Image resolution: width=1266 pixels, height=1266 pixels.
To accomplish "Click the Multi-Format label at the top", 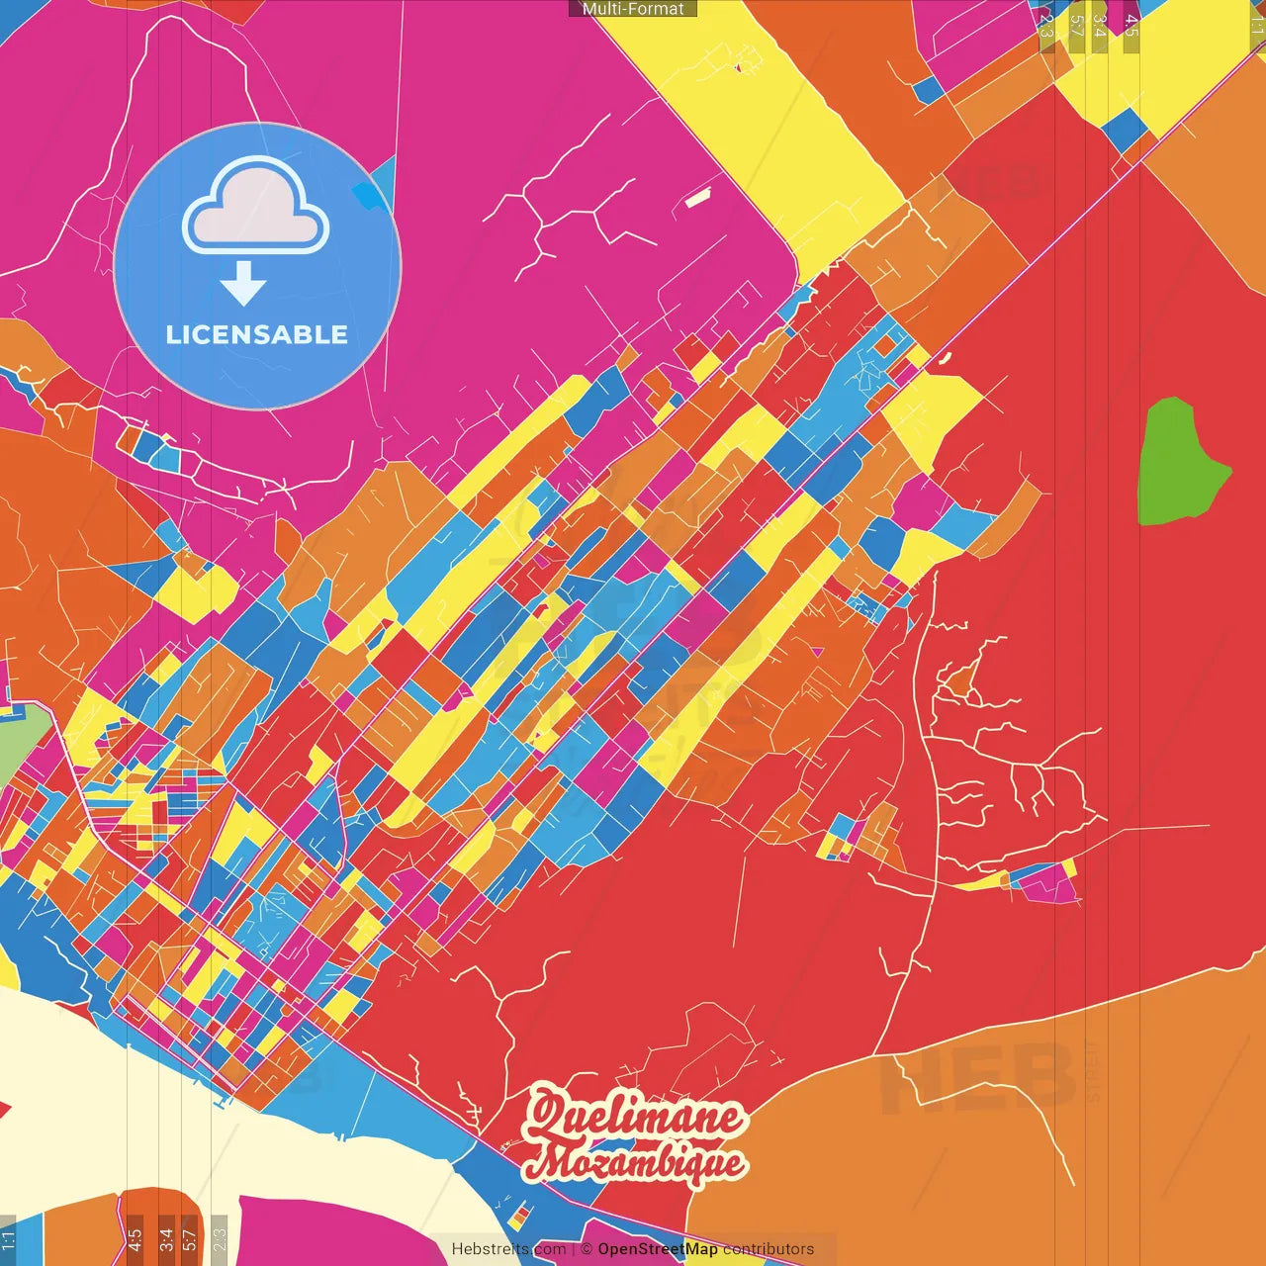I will (x=633, y=9).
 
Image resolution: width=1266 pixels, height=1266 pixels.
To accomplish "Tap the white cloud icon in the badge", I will (x=256, y=209).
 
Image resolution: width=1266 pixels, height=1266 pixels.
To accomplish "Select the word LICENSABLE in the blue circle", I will (x=257, y=335).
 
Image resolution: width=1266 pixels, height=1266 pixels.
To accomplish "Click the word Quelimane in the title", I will (x=634, y=1116).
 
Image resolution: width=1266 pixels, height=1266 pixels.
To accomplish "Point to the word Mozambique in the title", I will (x=634, y=1163).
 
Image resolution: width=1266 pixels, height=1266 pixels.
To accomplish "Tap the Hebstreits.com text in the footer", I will (x=508, y=1249).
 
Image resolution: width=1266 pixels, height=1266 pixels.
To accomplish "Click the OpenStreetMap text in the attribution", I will (x=658, y=1249).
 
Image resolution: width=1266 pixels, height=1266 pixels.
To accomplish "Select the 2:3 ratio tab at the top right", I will (x=1046, y=26).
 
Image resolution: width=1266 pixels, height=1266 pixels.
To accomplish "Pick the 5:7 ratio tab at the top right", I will (x=1076, y=26).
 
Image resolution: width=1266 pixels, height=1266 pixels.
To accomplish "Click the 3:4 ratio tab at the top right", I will (x=1099, y=26).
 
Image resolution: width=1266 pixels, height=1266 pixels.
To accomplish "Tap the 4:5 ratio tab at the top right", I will (x=1130, y=26).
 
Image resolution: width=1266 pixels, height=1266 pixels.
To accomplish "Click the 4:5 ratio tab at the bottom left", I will (x=136, y=1239).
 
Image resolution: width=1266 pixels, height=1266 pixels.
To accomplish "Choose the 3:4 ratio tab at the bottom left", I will (x=166, y=1239).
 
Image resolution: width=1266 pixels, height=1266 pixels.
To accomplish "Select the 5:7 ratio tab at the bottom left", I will (x=190, y=1239).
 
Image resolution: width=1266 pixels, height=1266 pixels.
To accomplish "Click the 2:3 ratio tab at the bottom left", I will (x=220, y=1239).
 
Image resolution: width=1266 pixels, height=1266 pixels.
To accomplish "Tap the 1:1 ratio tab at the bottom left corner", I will (x=9, y=1239).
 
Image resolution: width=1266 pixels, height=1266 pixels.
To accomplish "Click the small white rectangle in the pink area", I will (x=697, y=199).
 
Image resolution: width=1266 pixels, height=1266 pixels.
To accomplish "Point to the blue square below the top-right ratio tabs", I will (x=1124, y=130).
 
